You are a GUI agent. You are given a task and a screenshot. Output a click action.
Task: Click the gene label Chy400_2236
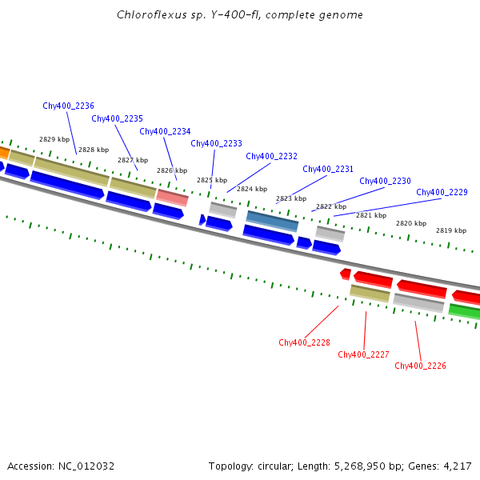point(68,106)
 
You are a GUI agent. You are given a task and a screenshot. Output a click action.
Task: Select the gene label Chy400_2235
point(117,118)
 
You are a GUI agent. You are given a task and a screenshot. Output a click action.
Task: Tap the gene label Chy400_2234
point(165,131)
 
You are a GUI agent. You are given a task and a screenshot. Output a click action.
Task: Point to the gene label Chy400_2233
point(216,143)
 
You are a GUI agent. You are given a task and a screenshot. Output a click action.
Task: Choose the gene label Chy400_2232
point(271,156)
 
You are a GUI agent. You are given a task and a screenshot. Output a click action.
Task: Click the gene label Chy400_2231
point(328,169)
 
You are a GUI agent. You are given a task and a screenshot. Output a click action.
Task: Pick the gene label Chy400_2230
point(385,181)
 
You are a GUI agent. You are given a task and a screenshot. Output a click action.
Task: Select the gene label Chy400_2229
point(442,192)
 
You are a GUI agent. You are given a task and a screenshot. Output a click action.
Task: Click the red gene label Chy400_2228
point(304,342)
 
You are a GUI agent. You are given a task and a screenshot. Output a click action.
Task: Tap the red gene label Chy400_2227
point(363,354)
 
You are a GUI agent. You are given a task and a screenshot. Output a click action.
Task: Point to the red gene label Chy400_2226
point(420,366)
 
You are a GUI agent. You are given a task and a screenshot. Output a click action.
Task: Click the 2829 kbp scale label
point(54,139)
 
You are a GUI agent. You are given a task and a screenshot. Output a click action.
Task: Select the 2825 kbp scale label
point(212,180)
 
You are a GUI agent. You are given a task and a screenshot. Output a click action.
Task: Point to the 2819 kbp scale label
point(451,230)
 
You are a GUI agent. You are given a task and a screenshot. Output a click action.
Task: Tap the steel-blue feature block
point(272,221)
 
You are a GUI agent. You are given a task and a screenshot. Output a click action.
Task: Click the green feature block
point(465,311)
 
